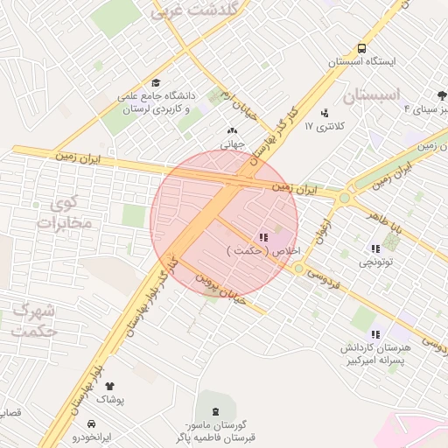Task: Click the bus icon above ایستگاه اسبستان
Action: pos(361,49)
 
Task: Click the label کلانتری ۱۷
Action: pos(325,127)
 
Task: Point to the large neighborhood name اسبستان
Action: pos(371,94)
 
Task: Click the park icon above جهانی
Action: pos(232,131)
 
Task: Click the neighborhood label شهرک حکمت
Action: pos(36,321)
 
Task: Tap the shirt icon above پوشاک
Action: pos(109,386)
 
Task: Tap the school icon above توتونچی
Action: pos(375,248)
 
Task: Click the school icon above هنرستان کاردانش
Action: pos(375,334)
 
